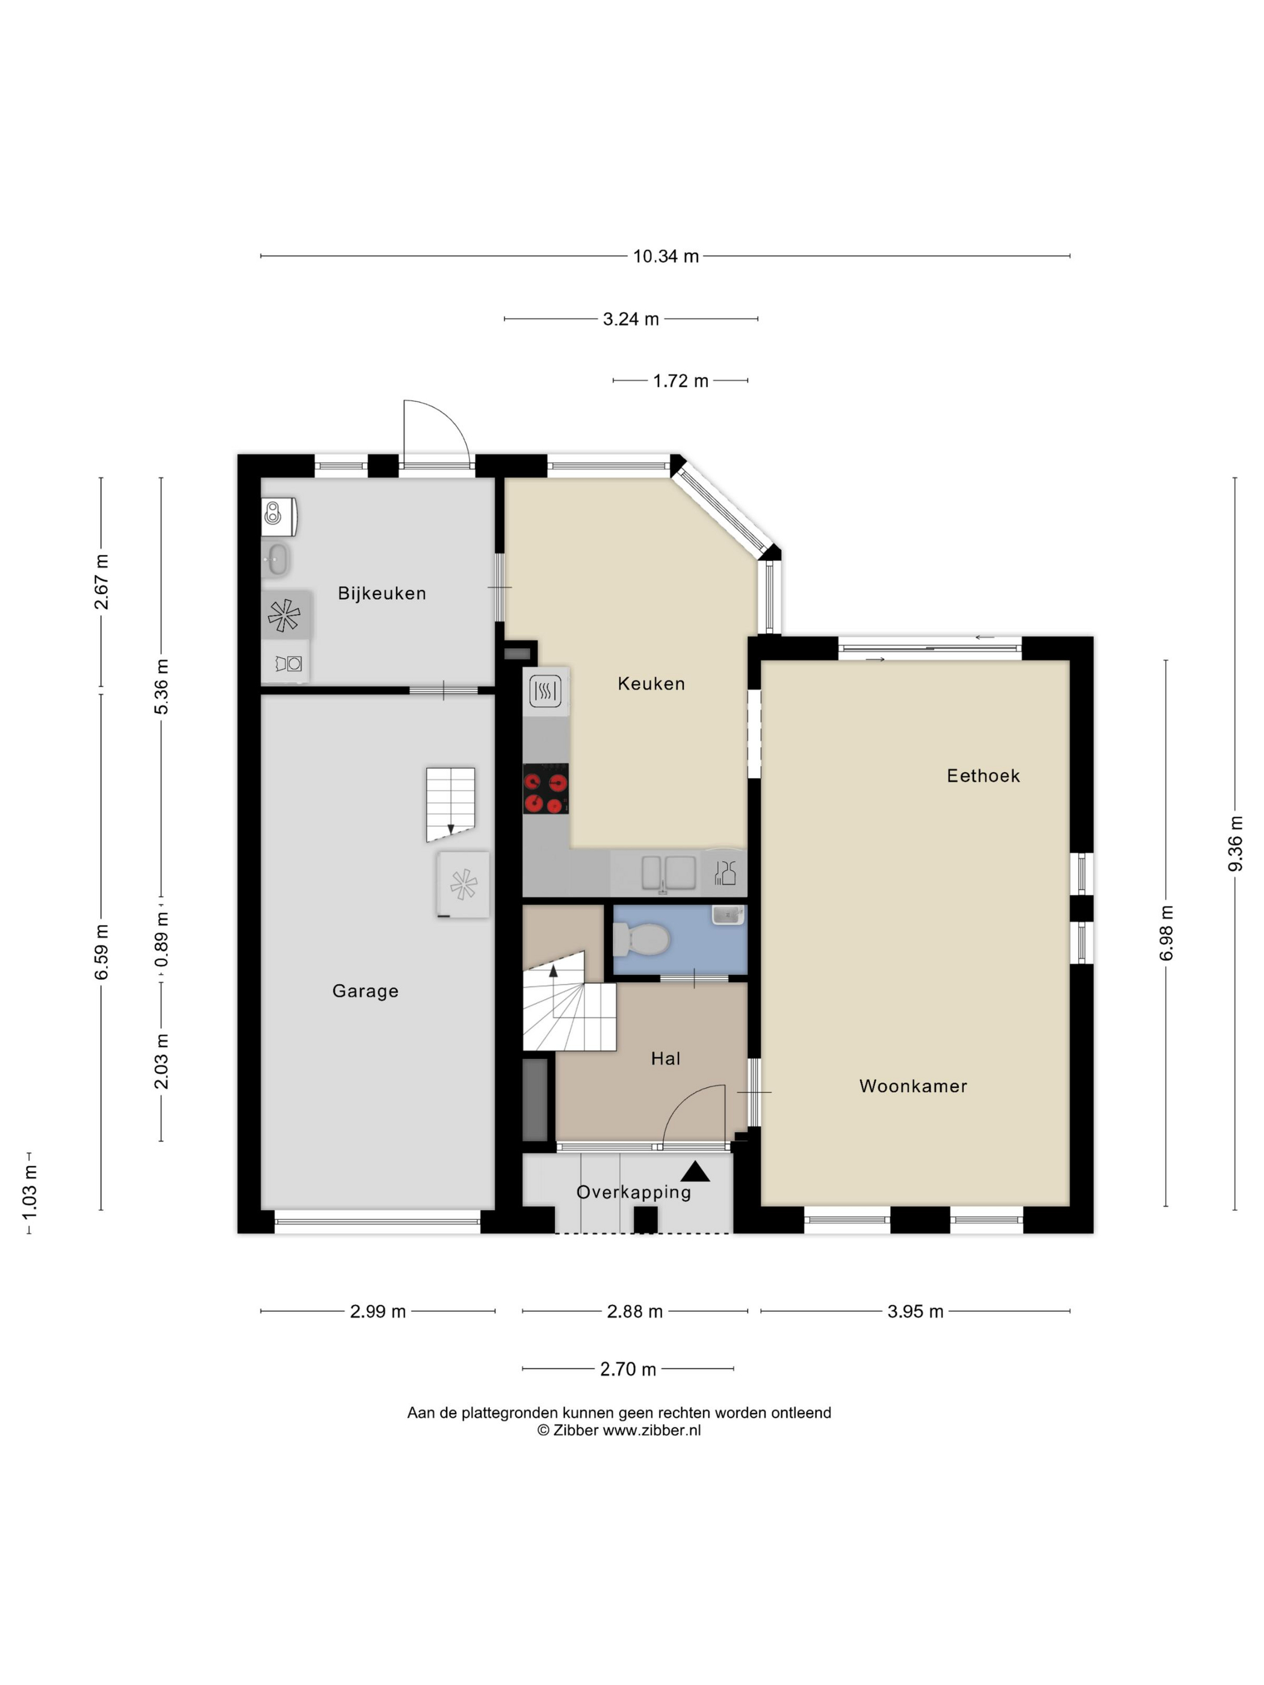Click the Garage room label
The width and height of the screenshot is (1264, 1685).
(365, 991)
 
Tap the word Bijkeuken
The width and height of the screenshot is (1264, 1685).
(382, 593)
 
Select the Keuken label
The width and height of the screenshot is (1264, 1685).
(651, 684)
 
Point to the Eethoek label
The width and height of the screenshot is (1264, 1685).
(983, 776)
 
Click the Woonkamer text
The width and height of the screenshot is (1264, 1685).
(912, 1086)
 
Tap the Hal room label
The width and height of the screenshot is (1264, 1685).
(665, 1058)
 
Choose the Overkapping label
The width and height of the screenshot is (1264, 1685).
(633, 1192)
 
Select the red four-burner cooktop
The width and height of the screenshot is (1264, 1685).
(545, 789)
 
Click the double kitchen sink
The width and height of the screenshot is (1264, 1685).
(668, 873)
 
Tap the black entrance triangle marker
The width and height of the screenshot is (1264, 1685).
(695, 1172)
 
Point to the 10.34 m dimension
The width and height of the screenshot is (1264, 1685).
(665, 256)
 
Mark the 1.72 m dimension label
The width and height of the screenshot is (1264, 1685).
(680, 380)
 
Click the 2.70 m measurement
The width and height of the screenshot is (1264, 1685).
(628, 1369)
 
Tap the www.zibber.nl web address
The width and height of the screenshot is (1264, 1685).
(651, 1430)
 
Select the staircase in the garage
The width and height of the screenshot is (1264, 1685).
(450, 805)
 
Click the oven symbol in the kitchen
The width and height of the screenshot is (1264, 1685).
(545, 691)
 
